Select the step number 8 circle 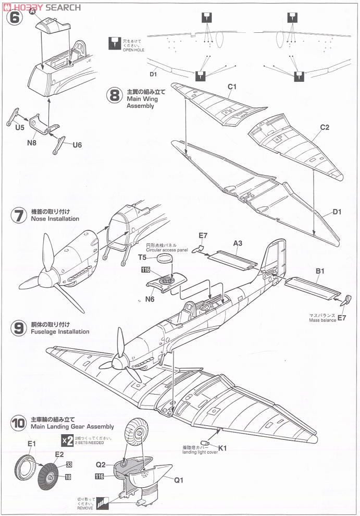click(x=115, y=96)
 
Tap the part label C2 click(x=324, y=127)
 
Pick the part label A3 click(x=238, y=243)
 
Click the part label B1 click(x=320, y=271)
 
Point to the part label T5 click(x=142, y=257)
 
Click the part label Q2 click(x=101, y=465)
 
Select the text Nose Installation click(x=55, y=219)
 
